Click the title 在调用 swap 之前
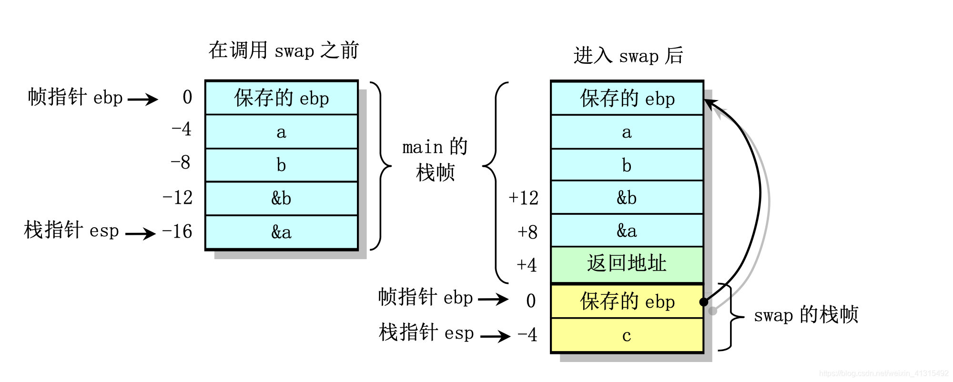pyautogui.click(x=284, y=50)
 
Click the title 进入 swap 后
pyautogui.click(x=628, y=56)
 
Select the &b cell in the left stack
pyautogui.click(x=281, y=198)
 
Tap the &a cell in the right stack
pyautogui.click(x=627, y=231)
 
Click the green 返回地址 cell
pyautogui.click(x=627, y=264)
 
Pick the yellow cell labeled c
pyautogui.click(x=627, y=336)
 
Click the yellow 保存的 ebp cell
pyautogui.click(x=627, y=302)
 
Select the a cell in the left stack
pyautogui.click(x=281, y=132)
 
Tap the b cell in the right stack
pyautogui.click(x=627, y=165)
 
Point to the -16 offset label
pyautogui.click(x=177, y=232)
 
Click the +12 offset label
pyautogui.click(x=523, y=198)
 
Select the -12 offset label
pyautogui.click(x=177, y=198)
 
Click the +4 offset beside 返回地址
pyautogui.click(x=527, y=265)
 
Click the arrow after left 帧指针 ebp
pyautogui.click(x=143, y=100)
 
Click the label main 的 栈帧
pyautogui.click(x=435, y=160)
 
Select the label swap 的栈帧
pyautogui.click(x=806, y=315)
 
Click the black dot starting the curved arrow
pyautogui.click(x=704, y=302)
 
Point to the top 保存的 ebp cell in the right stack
pyautogui.click(x=627, y=99)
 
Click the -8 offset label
pyautogui.click(x=181, y=163)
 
